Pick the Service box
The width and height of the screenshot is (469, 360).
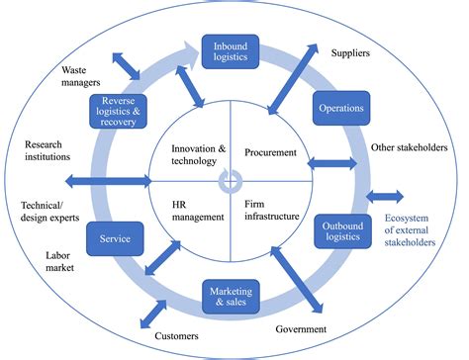coord(116,237)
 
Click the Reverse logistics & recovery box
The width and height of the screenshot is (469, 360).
coord(118,111)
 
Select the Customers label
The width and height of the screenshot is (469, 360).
coord(177,337)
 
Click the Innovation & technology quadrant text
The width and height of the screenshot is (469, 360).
coord(194,154)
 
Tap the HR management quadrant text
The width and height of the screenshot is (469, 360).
coord(192,210)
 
